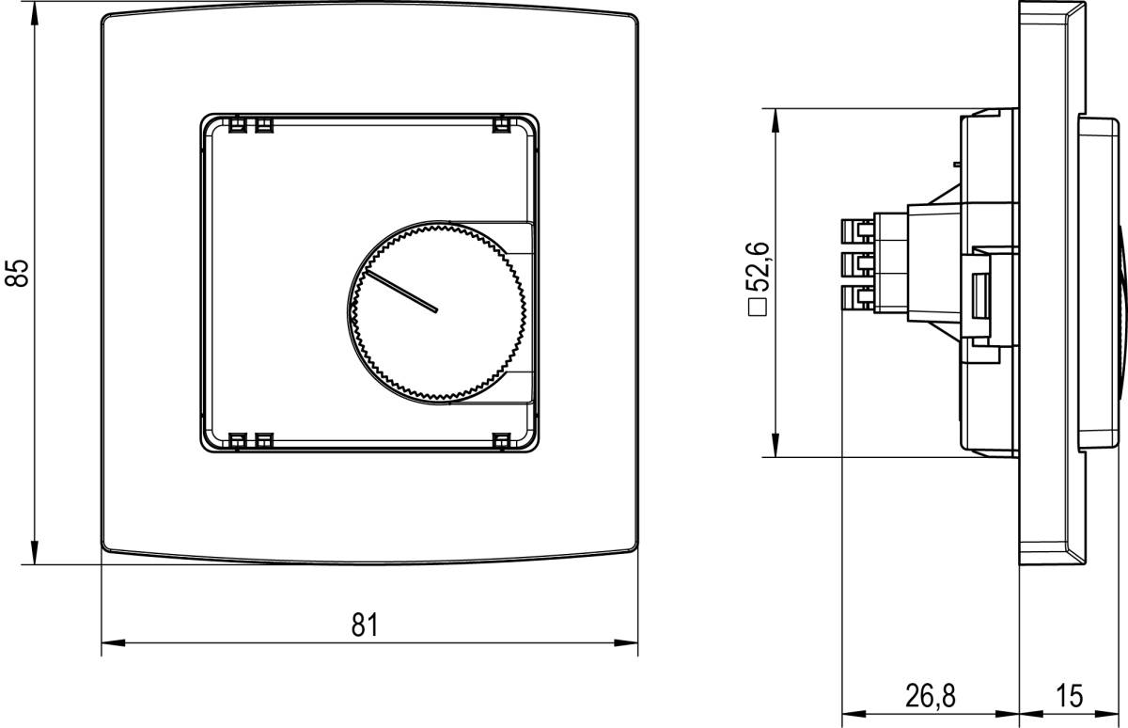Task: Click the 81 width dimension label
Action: pos(367,624)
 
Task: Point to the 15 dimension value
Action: pos(1069,696)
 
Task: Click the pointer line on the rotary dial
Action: pos(401,293)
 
